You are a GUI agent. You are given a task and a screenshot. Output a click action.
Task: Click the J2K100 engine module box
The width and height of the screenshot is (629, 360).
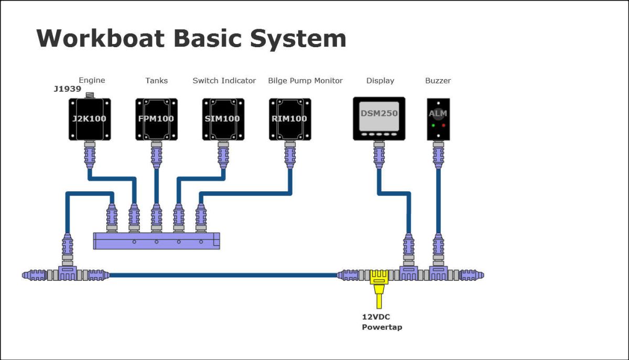pos(89,119)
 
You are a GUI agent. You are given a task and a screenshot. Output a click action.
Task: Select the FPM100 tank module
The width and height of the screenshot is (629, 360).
pos(156,119)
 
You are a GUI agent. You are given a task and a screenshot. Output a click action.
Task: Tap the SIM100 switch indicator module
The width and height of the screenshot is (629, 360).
pos(222,119)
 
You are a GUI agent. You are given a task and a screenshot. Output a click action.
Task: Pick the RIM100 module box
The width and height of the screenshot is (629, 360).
pos(289,119)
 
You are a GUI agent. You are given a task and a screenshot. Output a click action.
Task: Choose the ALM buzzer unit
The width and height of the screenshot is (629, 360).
pos(438,119)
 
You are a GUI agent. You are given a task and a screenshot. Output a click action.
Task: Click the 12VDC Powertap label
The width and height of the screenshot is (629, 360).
pos(382,322)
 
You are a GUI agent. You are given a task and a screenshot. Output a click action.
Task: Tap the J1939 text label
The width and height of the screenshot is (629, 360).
pos(67,89)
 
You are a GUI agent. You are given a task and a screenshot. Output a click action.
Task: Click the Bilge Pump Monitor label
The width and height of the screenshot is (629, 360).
pos(305,81)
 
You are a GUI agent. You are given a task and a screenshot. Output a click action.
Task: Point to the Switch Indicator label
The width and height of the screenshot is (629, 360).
pos(224,81)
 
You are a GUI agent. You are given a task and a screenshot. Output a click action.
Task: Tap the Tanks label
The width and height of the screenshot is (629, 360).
pos(156,81)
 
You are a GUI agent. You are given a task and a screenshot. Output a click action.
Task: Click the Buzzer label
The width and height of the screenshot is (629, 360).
pos(438,81)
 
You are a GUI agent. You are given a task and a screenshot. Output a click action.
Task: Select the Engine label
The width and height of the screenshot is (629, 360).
pos(92,80)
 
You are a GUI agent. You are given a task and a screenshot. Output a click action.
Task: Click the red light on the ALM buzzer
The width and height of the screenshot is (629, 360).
pos(443,126)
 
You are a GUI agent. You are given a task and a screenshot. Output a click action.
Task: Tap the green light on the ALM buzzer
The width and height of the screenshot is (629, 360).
pos(433,126)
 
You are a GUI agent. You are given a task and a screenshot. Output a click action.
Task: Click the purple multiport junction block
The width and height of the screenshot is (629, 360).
pos(156,241)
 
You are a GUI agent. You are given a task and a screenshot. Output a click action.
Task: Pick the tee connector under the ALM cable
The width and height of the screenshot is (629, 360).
pos(438,273)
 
